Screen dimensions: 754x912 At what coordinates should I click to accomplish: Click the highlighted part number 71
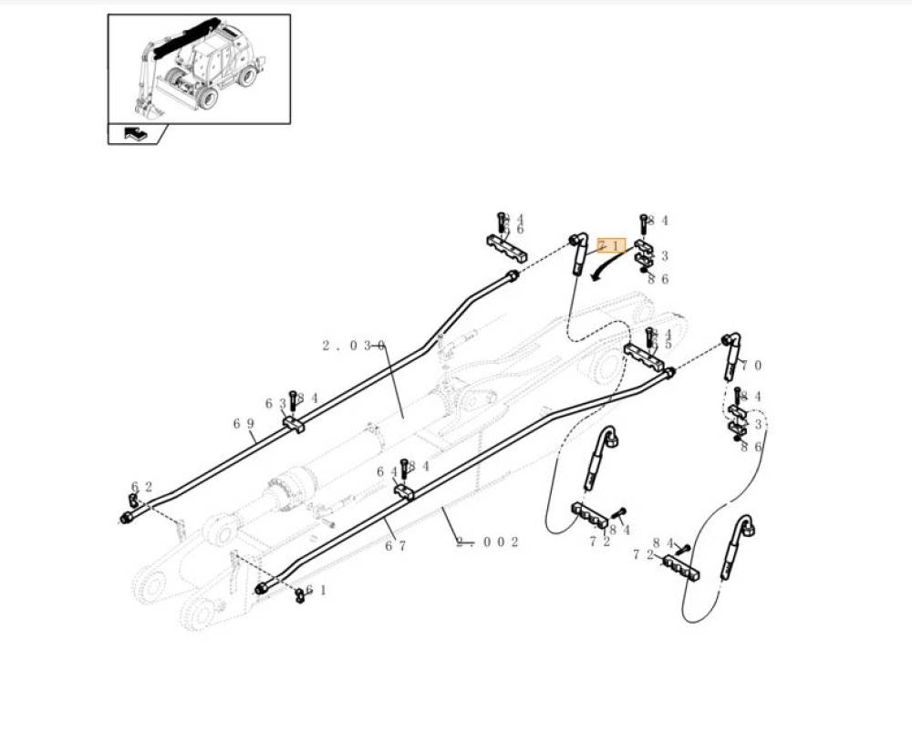(x=611, y=245)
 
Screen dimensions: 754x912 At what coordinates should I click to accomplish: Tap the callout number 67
(x=394, y=546)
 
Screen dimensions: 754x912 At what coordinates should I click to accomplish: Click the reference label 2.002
(x=488, y=542)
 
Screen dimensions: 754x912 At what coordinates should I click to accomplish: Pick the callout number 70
(x=751, y=366)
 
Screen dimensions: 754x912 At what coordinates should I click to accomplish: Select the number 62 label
(x=141, y=487)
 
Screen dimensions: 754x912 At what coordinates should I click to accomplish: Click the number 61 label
(x=316, y=590)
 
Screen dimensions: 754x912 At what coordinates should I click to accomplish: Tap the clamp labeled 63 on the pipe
(x=293, y=424)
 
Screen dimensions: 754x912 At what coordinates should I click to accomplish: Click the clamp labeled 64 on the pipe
(x=404, y=492)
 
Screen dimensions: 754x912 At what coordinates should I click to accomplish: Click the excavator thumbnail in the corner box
(x=199, y=68)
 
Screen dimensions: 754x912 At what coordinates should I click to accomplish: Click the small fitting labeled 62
(x=133, y=501)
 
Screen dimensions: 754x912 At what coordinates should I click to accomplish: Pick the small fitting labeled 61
(x=299, y=596)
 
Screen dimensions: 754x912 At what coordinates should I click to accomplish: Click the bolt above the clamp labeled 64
(x=403, y=470)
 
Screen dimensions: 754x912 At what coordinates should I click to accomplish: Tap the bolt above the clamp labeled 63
(x=293, y=401)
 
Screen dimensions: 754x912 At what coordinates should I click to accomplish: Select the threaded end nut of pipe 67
(x=262, y=588)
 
